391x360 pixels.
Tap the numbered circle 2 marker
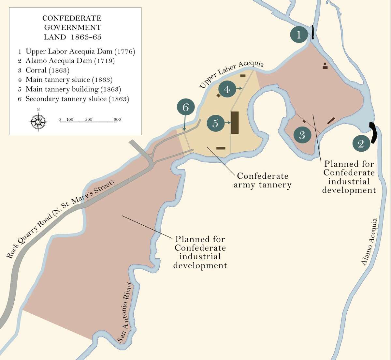point(360,143)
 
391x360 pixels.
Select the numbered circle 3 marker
point(302,134)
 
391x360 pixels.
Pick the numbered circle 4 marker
point(227,89)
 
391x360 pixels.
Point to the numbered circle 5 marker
point(215,123)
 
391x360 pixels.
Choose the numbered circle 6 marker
point(186,107)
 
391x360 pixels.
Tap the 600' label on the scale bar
point(118,119)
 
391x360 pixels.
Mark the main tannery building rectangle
point(235,122)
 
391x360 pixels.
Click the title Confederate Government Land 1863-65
point(72,27)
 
